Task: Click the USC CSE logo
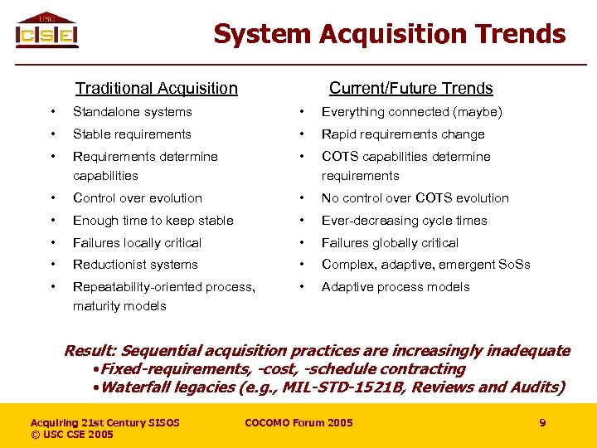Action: (x=46, y=31)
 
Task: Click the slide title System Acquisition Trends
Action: (x=389, y=34)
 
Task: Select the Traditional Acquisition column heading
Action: (x=156, y=88)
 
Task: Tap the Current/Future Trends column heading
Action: (x=410, y=88)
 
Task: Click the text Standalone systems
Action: (x=133, y=112)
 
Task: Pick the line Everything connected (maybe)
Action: (x=411, y=112)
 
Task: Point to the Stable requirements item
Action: (x=132, y=134)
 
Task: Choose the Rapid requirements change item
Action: (x=403, y=134)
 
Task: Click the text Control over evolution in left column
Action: (x=138, y=198)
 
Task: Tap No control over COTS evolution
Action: (x=415, y=198)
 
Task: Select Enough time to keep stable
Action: (x=153, y=221)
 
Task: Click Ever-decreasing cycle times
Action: (x=404, y=221)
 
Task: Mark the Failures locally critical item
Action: (x=138, y=243)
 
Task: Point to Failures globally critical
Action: (x=390, y=243)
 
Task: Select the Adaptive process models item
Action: (x=396, y=287)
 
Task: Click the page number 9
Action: (x=542, y=423)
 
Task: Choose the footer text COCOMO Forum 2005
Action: (x=298, y=423)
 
